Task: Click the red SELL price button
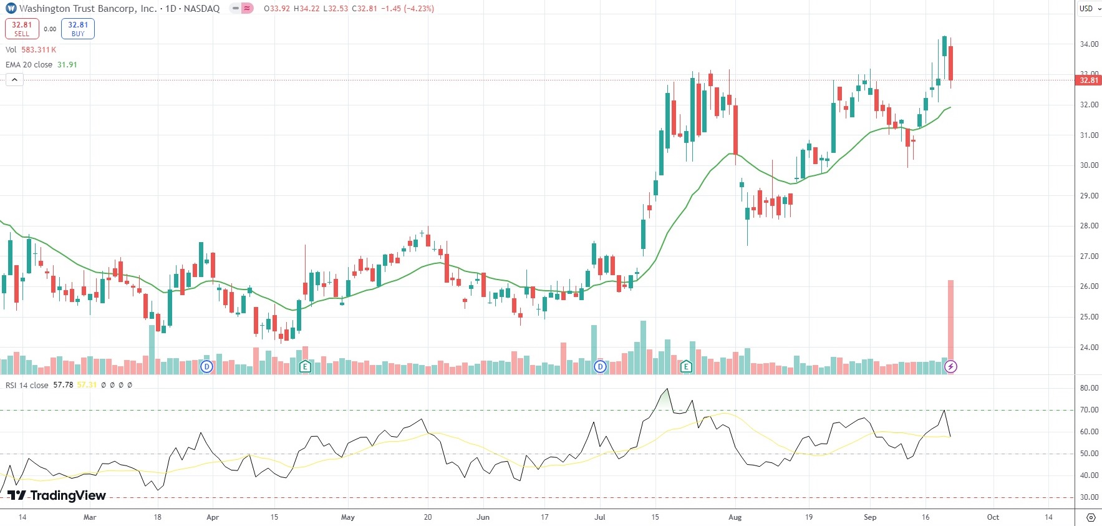point(22,29)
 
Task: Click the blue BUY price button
point(78,29)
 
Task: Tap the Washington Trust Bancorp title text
point(88,9)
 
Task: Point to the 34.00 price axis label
point(1089,44)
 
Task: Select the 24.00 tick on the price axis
point(1089,348)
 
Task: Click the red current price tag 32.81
point(1089,80)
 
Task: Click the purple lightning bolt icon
point(950,367)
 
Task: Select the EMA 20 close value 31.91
point(67,65)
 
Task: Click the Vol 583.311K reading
point(39,50)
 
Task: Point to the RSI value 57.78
point(63,385)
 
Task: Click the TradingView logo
point(57,495)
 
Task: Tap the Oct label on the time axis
point(993,517)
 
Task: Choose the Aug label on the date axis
point(735,517)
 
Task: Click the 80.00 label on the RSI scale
point(1089,388)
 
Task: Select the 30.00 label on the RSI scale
point(1089,497)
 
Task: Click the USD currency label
point(1086,9)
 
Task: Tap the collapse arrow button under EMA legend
point(14,80)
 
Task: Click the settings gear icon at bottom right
point(1090,517)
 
